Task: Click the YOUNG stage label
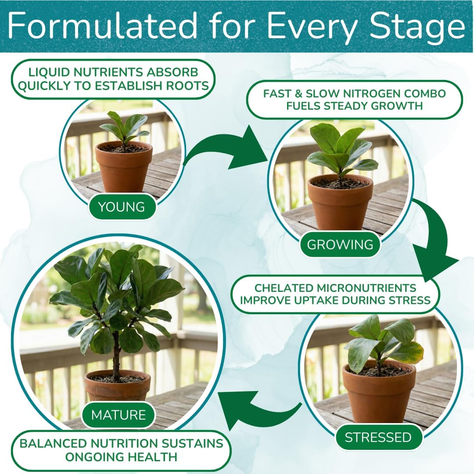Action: [x=122, y=207]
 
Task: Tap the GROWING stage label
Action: [x=340, y=244]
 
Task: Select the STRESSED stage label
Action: [x=378, y=437]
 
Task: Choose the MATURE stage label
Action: [x=118, y=415]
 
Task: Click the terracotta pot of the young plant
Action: [x=124, y=167]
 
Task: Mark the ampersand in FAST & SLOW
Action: [x=299, y=94]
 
